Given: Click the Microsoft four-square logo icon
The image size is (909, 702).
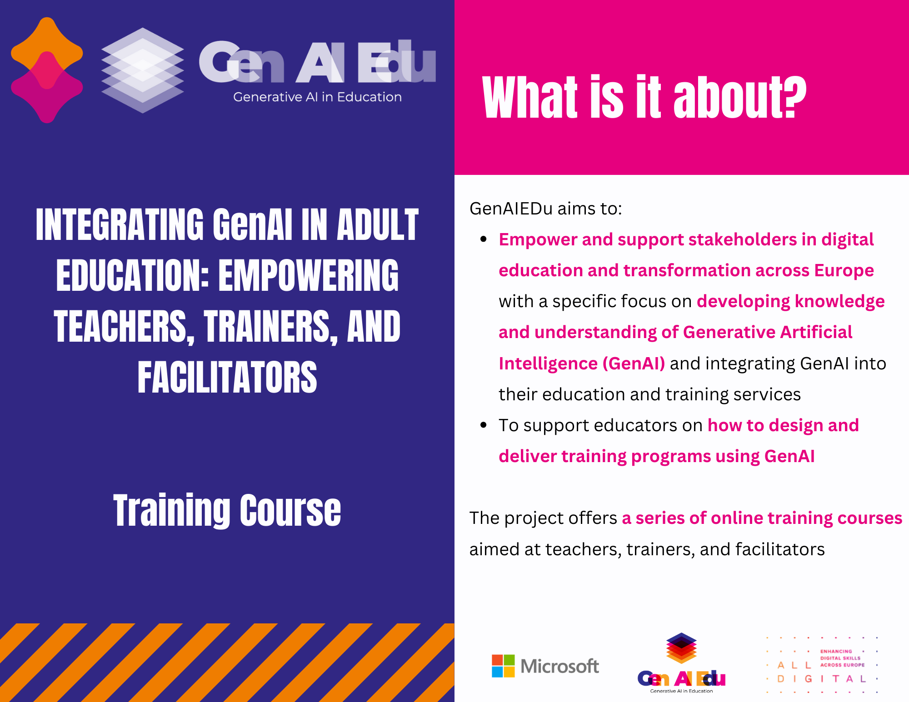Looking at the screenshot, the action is coord(503,666).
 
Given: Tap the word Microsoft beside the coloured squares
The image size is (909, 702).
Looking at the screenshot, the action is coord(559,666).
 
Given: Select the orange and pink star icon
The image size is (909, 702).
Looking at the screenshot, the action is coord(47,70).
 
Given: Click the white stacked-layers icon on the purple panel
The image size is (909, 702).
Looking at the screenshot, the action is coord(142,70).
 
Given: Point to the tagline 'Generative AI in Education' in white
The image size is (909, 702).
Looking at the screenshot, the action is coord(317,97).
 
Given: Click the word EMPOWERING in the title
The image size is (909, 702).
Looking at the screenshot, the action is coord(309,275).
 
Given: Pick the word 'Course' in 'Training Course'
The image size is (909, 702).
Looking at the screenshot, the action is coord(290,510).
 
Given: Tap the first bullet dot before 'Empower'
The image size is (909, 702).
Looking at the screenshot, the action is coord(484,239).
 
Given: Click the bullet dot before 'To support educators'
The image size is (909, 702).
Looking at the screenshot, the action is coord(484,425).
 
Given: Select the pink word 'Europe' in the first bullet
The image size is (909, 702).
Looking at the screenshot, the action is coord(844,271).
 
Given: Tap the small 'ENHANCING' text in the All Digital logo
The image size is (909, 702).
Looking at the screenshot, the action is coord(836,651).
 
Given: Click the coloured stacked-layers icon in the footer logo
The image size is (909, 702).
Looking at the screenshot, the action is coord(681,648).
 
